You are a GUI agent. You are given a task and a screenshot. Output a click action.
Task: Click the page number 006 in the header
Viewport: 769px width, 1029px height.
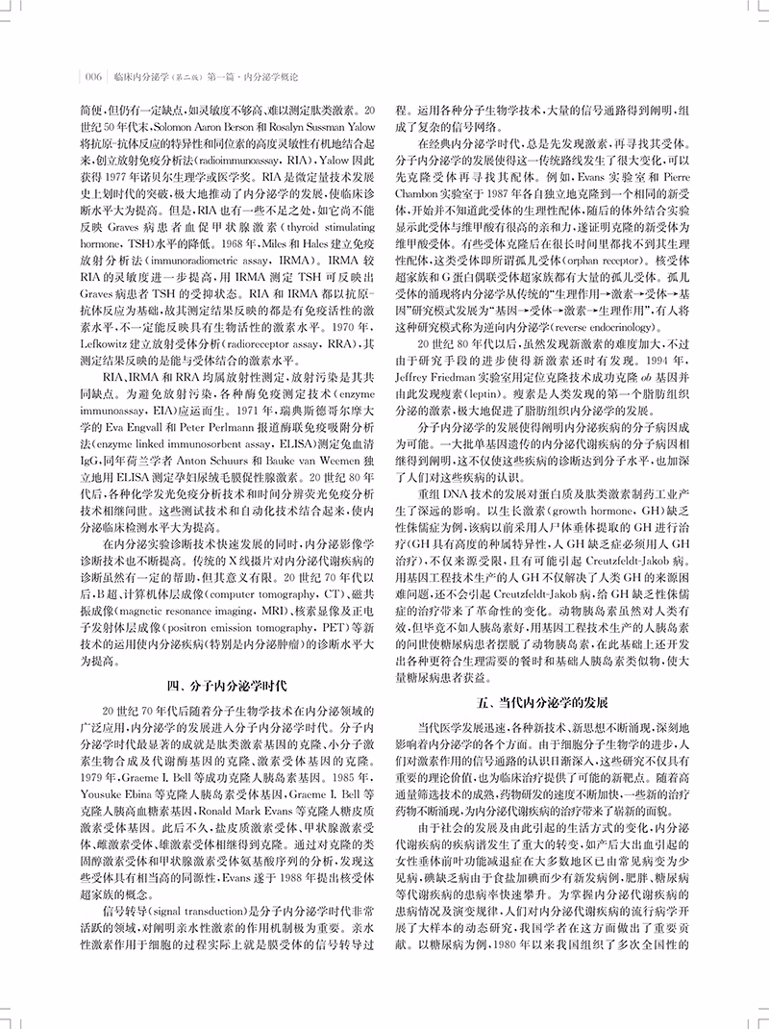tap(94, 76)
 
